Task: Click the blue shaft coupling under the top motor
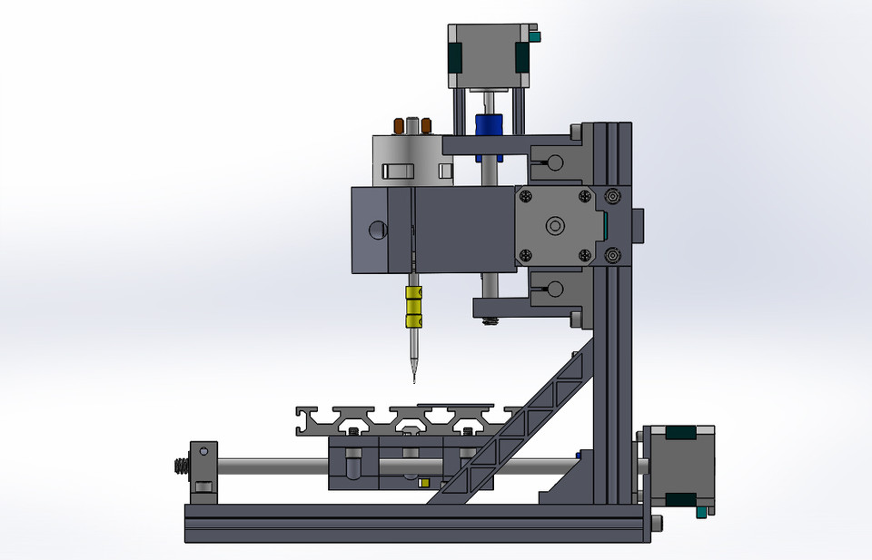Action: [x=488, y=124]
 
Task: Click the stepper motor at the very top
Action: [x=489, y=56]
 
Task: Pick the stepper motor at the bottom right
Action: [x=679, y=467]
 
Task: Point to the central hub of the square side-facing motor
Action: [x=553, y=224]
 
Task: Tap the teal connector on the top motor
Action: [x=534, y=36]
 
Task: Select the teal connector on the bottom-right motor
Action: [x=700, y=513]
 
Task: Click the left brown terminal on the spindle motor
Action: [x=398, y=125]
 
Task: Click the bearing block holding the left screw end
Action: [x=203, y=467]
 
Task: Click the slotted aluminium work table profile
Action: [x=400, y=418]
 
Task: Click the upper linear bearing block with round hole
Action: [x=552, y=162]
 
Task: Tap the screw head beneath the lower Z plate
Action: [x=491, y=320]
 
